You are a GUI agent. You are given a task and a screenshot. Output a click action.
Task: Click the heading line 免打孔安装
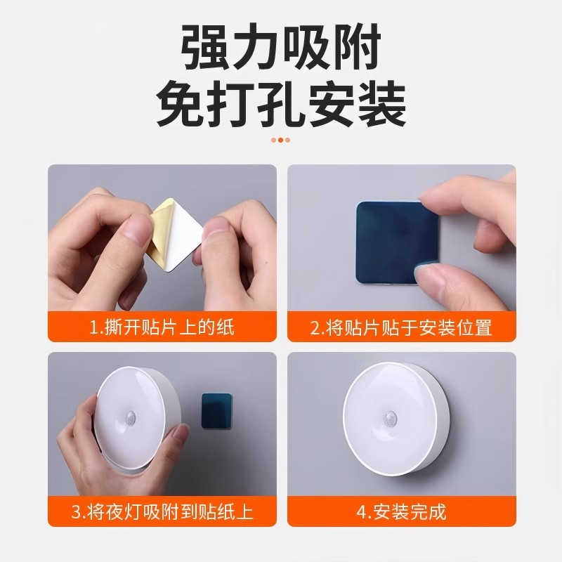coord(281,105)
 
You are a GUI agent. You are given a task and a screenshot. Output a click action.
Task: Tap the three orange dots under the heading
coord(281,140)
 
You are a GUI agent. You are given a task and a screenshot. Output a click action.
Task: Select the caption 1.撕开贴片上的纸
coord(162,327)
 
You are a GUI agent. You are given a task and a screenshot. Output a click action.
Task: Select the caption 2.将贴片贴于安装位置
coord(401,327)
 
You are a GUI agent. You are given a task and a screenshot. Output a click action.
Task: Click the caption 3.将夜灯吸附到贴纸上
coord(162,511)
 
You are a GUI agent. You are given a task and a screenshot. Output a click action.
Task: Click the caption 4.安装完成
coord(401,511)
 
